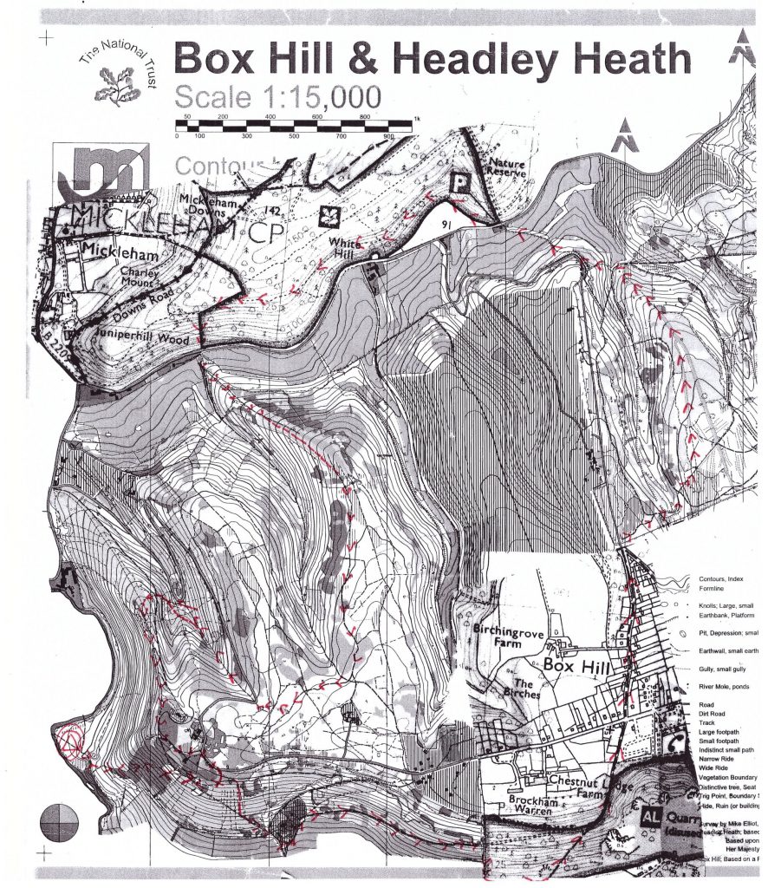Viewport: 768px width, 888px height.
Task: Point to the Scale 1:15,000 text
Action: tap(277, 97)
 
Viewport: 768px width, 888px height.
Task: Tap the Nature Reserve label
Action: tap(509, 169)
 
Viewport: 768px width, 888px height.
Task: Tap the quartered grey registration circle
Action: tap(58, 820)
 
